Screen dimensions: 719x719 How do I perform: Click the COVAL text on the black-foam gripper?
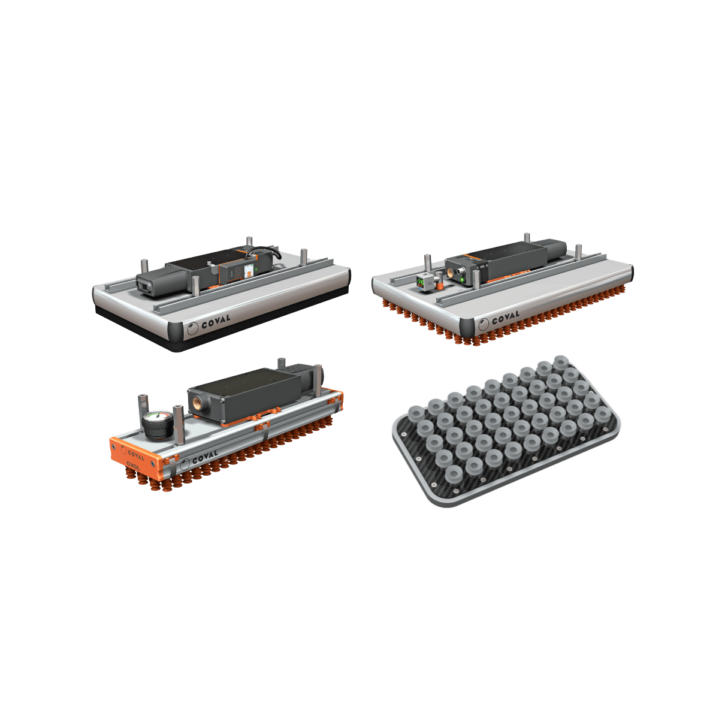[216, 321]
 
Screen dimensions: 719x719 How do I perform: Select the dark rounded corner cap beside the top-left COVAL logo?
[176, 331]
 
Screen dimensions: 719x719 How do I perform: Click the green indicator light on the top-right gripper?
[463, 279]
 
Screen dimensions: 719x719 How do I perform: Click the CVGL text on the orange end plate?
[133, 465]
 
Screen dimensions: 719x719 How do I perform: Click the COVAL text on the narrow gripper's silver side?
[205, 457]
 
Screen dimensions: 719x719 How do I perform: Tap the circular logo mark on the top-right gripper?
[483, 326]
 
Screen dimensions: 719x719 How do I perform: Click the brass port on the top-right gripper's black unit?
[451, 273]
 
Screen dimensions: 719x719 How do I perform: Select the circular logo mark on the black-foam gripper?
[192, 327]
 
